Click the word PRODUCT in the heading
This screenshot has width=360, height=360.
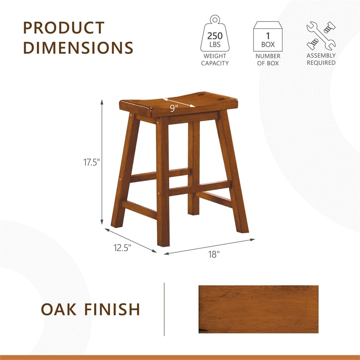pos(63,27)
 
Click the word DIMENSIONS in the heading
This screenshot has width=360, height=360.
pos(78,47)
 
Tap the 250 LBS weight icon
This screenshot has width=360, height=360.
pos(215,36)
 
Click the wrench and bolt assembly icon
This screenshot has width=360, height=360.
pos(321,36)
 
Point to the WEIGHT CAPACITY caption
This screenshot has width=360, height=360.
pos(215,59)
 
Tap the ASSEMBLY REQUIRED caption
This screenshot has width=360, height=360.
pos(321,59)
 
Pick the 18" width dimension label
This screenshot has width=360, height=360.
pos(213,255)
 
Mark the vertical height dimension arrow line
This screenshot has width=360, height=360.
pos(103,162)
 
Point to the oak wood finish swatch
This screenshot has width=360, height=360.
pos(258,309)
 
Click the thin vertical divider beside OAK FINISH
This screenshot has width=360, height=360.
pos(164,309)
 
